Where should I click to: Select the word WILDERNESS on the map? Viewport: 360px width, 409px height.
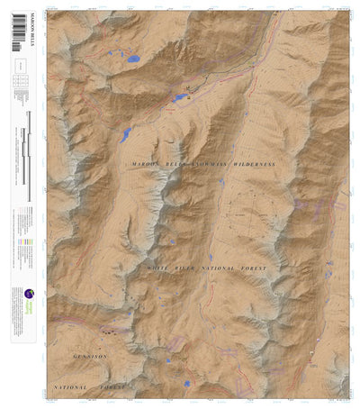coord(251,166)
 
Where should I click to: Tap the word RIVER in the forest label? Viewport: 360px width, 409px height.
coord(192,269)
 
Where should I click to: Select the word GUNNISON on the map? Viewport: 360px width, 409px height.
coord(90,357)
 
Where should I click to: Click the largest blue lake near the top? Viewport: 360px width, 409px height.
coord(133,59)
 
